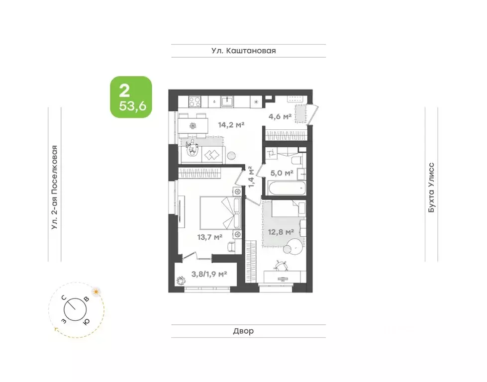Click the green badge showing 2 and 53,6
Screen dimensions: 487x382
click(x=131, y=97)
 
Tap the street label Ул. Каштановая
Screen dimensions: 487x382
click(x=244, y=51)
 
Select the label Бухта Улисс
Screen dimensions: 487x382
click(x=431, y=188)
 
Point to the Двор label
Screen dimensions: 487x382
click(x=244, y=331)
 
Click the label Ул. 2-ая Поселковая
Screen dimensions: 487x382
click(x=55, y=188)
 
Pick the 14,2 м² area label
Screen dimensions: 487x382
click(x=231, y=125)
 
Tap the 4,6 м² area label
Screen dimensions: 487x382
click(x=280, y=116)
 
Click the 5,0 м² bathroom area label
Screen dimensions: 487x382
click(x=282, y=173)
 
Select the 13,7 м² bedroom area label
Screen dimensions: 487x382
click(x=209, y=237)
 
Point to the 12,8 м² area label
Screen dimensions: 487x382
click(x=281, y=232)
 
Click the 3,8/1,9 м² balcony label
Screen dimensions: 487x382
click(x=209, y=274)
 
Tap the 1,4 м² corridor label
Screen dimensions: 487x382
click(x=251, y=177)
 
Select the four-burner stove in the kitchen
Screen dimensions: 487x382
click(x=195, y=101)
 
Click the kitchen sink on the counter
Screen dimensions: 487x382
click(x=227, y=101)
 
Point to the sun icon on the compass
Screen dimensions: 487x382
click(x=97, y=291)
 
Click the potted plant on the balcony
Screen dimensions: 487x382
click(x=180, y=281)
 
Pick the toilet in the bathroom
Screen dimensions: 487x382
click(x=296, y=160)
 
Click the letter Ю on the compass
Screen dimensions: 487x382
click(x=87, y=322)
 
